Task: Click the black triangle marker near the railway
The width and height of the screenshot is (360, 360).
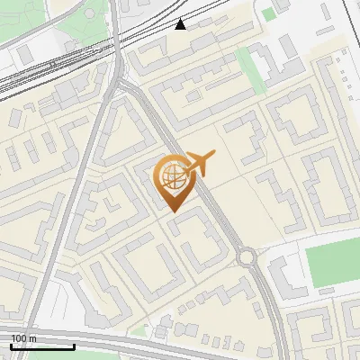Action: (181, 24)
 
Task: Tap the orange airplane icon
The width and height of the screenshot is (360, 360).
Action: (197, 165)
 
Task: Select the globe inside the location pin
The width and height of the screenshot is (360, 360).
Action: (172, 177)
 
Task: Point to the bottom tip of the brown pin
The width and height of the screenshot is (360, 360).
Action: (172, 211)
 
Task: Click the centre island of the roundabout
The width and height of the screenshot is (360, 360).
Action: (247, 258)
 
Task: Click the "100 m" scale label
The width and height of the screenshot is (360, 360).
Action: (23, 338)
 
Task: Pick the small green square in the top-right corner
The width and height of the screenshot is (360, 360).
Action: (269, 14)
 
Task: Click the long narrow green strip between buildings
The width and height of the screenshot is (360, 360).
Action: (250, 70)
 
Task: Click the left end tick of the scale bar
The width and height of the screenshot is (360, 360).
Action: (11, 346)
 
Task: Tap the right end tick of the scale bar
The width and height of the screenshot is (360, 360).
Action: (74, 346)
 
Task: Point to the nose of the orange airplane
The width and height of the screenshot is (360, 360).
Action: (215, 157)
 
